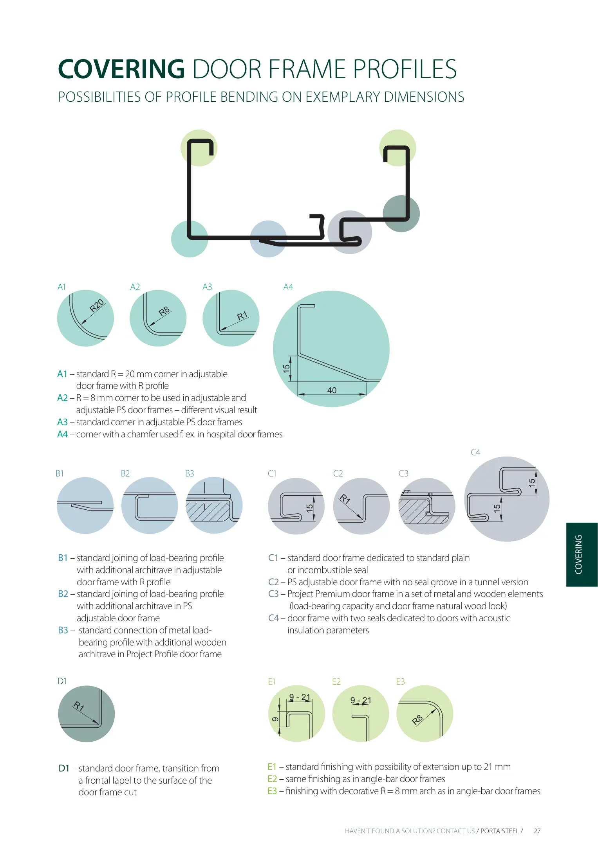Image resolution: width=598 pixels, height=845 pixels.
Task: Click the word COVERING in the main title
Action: coord(121,69)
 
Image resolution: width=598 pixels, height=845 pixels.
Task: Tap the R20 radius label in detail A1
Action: coord(97,305)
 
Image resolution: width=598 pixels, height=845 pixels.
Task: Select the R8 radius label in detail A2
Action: coord(164,311)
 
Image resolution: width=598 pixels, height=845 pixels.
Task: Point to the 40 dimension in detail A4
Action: coord(332,390)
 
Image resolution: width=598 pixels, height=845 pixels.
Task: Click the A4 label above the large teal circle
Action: coord(288,287)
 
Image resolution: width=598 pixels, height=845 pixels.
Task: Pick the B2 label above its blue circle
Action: coord(125,474)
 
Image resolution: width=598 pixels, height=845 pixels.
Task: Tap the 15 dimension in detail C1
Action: coord(309,508)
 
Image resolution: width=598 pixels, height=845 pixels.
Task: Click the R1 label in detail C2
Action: coord(345,499)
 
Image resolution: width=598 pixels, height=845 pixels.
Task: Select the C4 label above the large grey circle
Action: coord(475,453)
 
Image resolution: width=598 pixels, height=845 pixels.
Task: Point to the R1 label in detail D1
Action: coord(79,706)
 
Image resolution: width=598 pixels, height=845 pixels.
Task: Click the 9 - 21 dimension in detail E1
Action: coord(300,697)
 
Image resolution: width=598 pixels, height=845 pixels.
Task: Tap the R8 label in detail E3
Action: coord(417,719)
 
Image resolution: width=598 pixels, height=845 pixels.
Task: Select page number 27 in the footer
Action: coord(537,831)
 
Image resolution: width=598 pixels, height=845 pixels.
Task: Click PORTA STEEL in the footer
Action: coord(499,831)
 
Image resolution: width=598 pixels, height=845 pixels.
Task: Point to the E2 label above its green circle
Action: coord(336,681)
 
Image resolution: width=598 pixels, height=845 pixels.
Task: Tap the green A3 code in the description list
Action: coord(62,422)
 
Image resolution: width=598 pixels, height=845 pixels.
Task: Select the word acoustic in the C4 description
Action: coord(491,618)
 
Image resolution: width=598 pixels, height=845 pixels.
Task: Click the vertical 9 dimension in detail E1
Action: coord(275,719)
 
